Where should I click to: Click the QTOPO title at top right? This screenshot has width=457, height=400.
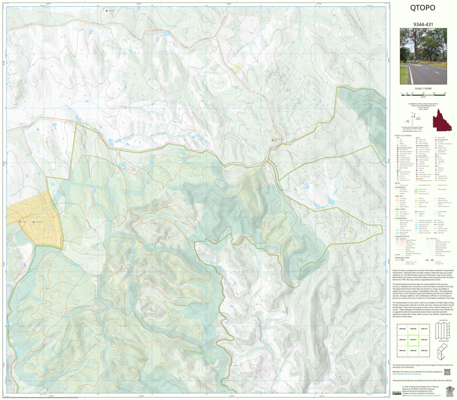click(422, 8)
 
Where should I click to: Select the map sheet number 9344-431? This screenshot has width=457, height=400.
click(422, 24)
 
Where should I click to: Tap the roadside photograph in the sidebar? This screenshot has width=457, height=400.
click(422, 58)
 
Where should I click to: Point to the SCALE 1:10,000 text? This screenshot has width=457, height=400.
click(422, 89)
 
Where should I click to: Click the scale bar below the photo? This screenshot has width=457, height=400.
click(422, 94)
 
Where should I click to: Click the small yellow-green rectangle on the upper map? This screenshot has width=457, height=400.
click(237, 67)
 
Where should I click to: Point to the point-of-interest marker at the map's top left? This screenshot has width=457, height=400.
click(107, 11)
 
